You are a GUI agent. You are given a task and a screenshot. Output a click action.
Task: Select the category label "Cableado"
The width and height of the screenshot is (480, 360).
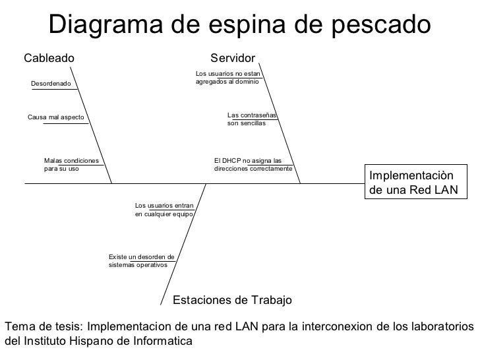tap(49, 58)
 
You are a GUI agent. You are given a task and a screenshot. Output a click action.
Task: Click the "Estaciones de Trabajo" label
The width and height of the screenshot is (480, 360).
tap(232, 301)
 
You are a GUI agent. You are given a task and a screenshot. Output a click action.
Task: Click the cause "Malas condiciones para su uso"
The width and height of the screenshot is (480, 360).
tap(71, 164)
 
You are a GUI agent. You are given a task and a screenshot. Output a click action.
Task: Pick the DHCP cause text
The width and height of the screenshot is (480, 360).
tap(253, 164)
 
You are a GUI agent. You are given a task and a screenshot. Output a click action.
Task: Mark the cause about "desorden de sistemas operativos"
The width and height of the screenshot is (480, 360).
tap(140, 260)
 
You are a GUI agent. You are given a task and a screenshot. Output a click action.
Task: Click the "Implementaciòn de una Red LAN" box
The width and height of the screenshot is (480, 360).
tap(411, 183)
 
